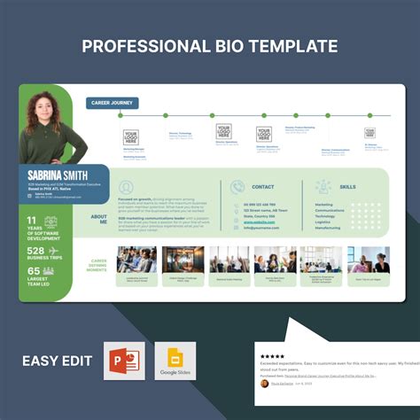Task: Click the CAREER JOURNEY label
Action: point(112,103)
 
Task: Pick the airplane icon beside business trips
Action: point(55,252)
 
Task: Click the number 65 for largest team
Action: point(34,271)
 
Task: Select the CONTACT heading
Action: point(263,187)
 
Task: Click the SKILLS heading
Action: point(347,187)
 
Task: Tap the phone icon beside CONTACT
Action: point(237,187)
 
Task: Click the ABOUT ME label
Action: point(98,219)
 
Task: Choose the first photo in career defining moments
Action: point(136,259)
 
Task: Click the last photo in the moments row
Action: point(368,259)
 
